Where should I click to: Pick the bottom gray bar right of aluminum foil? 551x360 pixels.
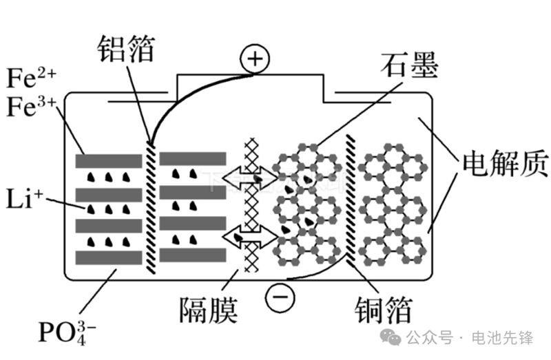[x=192, y=255]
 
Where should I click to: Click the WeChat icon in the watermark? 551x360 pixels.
[x=393, y=338]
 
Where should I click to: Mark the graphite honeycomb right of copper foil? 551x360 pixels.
[x=394, y=207]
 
